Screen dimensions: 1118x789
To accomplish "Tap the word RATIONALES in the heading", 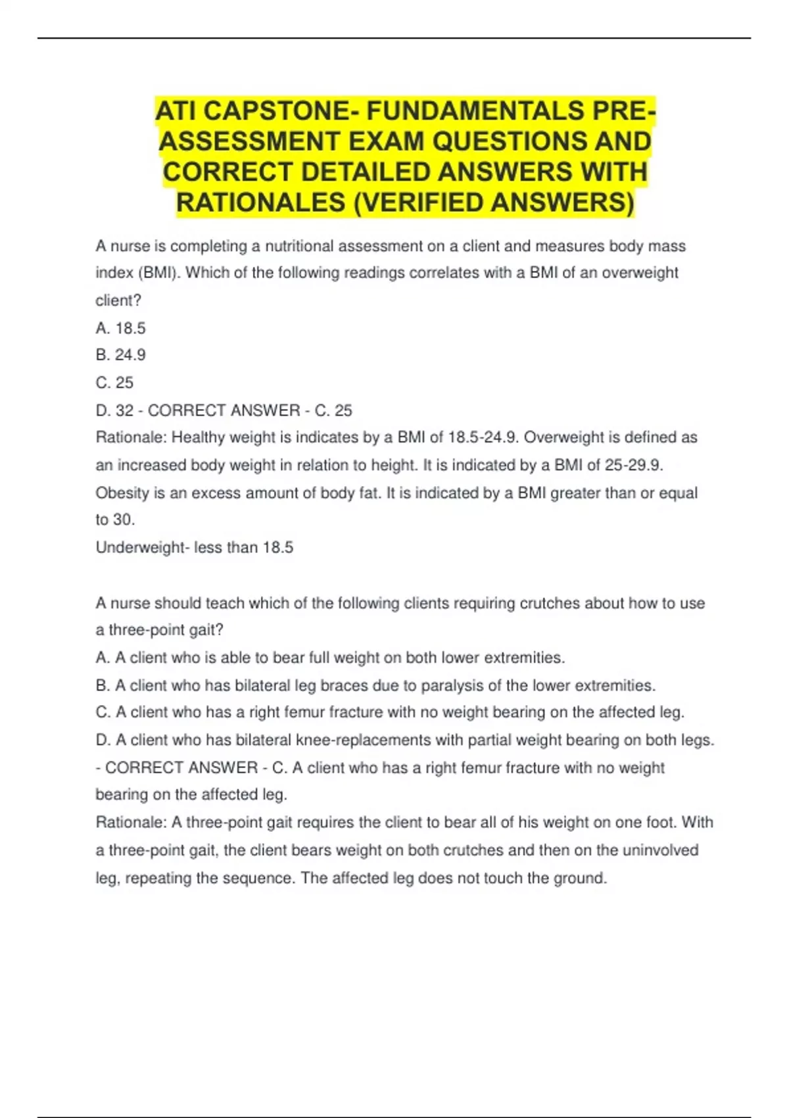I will pyautogui.click(x=260, y=203).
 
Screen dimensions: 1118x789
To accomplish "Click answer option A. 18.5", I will pyautogui.click(x=120, y=328).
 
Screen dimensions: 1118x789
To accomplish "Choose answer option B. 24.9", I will pyautogui.click(x=120, y=355).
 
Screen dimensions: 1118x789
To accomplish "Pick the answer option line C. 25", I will pyautogui.click(x=114, y=383).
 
